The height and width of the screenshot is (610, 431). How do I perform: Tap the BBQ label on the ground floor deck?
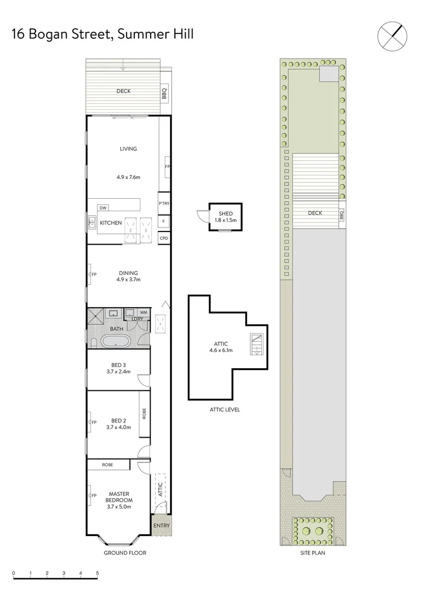165,93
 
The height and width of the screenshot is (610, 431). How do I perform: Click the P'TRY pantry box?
164,203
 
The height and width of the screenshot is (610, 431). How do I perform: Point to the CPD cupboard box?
164,238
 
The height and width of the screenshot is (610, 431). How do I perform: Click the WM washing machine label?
143,312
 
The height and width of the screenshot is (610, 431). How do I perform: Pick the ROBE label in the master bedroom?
107,465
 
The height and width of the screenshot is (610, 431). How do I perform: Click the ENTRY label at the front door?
161,525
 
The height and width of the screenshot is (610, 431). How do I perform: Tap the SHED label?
225,213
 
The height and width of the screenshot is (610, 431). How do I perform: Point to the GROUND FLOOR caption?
125,553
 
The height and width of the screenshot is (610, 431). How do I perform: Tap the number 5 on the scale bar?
98,573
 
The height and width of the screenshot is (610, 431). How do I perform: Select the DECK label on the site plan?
315,213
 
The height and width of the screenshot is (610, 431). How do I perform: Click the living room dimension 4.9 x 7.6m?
128,177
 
